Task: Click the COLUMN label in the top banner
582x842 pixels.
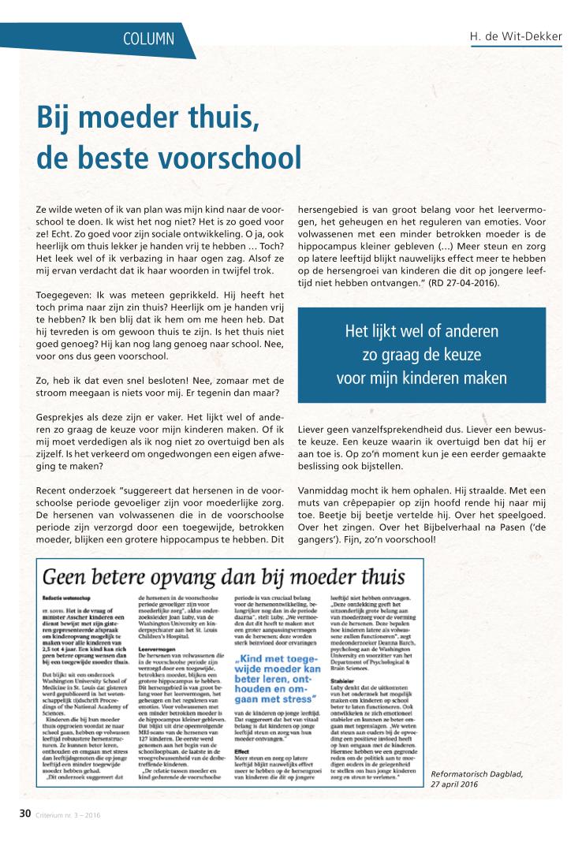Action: tap(150, 38)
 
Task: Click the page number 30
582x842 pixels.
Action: tap(25, 814)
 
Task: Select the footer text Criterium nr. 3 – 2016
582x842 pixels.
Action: tap(68, 814)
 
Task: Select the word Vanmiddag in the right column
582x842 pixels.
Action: tap(325, 489)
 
